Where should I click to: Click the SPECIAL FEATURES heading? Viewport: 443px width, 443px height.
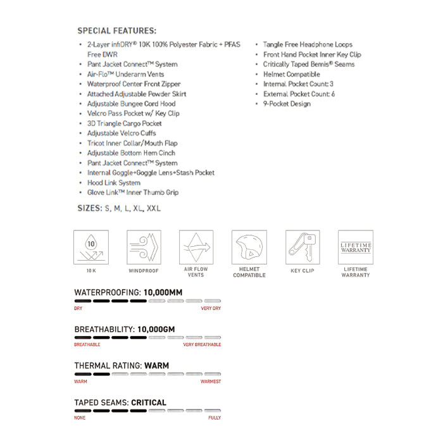pos(117,30)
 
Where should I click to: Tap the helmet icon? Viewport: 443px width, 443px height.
pos(249,247)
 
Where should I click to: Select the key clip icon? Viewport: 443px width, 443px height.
pos(303,247)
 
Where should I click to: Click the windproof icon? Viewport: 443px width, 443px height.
pos(144,247)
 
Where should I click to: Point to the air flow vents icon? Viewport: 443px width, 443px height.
pos(196,247)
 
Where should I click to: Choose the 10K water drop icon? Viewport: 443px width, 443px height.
pos(91,247)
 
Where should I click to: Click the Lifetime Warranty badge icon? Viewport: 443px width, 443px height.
pos(356,247)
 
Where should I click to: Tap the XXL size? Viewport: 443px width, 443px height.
pos(154,208)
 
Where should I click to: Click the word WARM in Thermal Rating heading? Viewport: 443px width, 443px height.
pos(157,366)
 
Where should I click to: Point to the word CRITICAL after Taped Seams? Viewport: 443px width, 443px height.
pos(149,402)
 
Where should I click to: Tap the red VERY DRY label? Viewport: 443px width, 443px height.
pos(211,308)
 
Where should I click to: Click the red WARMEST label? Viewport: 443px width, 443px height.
pos(211,381)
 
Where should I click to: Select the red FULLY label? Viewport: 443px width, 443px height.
pos(215,418)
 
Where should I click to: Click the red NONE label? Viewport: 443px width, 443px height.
pos(80,418)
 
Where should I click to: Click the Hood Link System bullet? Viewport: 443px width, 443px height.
pos(113,182)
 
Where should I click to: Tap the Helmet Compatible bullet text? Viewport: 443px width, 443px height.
pos(291,74)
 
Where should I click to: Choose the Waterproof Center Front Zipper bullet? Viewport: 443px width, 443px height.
pos(134,84)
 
